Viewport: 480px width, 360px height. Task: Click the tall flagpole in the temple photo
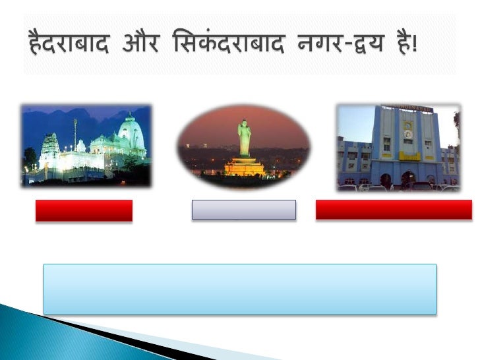(75, 135)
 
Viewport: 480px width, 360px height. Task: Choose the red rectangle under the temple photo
(84, 210)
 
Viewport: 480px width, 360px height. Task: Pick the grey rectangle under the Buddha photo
(243, 210)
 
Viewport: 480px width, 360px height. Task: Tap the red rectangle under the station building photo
(394, 210)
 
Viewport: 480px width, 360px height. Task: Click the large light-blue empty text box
(239, 289)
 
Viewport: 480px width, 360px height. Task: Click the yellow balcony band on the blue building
(408, 156)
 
